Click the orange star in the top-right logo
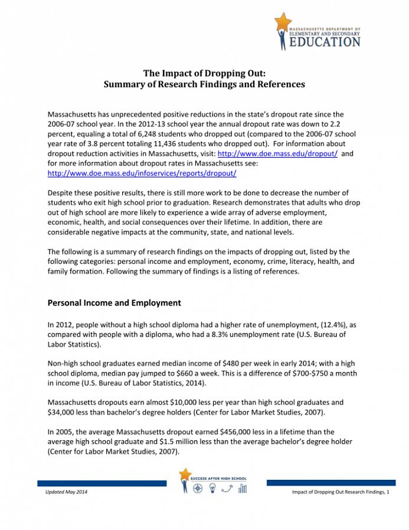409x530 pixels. [283, 21]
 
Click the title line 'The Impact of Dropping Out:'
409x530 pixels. [204, 73]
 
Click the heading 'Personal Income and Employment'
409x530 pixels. [114, 303]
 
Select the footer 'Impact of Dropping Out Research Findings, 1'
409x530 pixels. [341, 492]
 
